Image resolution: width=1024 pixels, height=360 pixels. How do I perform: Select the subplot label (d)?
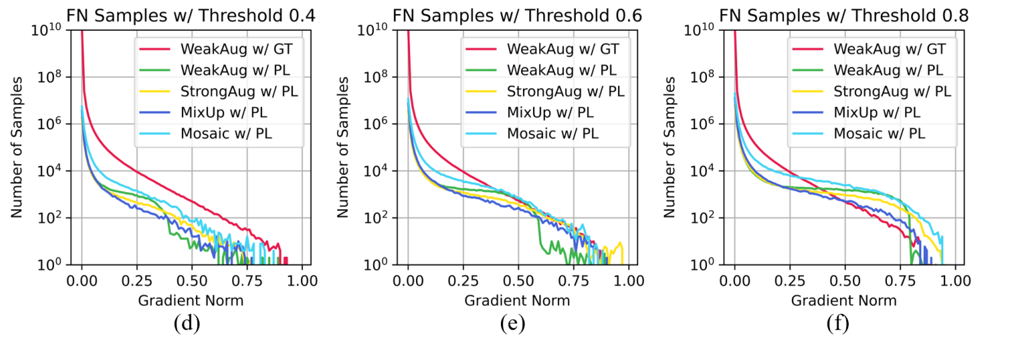(186, 324)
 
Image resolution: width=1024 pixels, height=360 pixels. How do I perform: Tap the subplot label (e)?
(512, 324)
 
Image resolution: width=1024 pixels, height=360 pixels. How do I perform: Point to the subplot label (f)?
(837, 324)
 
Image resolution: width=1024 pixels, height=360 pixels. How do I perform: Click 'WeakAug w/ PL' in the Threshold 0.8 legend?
(888, 70)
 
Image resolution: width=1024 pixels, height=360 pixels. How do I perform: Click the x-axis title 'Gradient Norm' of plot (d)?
(191, 300)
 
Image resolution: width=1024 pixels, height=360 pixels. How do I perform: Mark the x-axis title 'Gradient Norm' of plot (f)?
(843, 300)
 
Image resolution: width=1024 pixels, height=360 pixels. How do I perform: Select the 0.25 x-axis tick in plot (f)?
(789, 279)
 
